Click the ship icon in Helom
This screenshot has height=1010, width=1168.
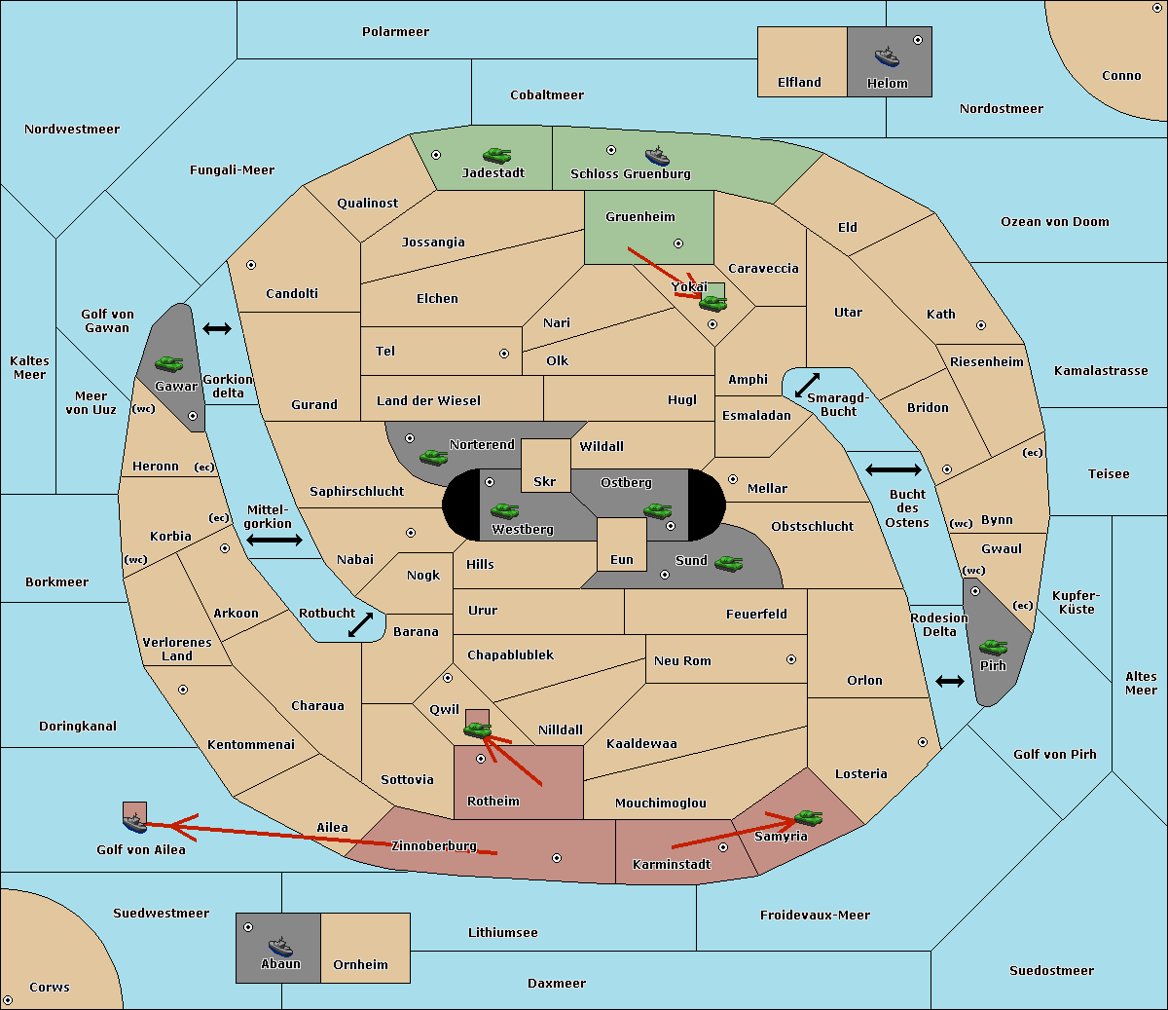(x=887, y=56)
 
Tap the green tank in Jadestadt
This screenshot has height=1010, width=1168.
(x=496, y=155)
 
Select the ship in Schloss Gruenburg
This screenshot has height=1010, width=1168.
(x=657, y=156)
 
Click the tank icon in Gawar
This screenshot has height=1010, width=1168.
(x=168, y=363)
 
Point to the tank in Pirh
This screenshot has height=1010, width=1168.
(x=993, y=647)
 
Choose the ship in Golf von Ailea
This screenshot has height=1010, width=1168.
(x=135, y=823)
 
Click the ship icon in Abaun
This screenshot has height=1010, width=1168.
(x=280, y=946)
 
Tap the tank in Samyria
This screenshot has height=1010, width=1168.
(x=808, y=817)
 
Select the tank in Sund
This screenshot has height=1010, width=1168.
(x=728, y=563)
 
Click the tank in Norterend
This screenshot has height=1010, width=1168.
(x=433, y=457)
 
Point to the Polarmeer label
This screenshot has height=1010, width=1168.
(x=395, y=32)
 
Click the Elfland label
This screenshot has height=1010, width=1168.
(x=799, y=83)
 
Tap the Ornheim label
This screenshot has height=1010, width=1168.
(x=360, y=964)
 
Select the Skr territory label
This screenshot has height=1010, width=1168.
(x=545, y=481)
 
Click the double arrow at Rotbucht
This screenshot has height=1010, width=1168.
(x=360, y=625)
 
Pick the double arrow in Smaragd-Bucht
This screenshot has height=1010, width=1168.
(x=807, y=385)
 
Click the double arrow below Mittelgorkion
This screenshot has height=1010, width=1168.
(x=274, y=540)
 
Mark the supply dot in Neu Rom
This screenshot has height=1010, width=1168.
(x=791, y=659)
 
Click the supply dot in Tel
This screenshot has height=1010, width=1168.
(x=504, y=354)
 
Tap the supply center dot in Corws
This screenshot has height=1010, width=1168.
(x=8, y=1000)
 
